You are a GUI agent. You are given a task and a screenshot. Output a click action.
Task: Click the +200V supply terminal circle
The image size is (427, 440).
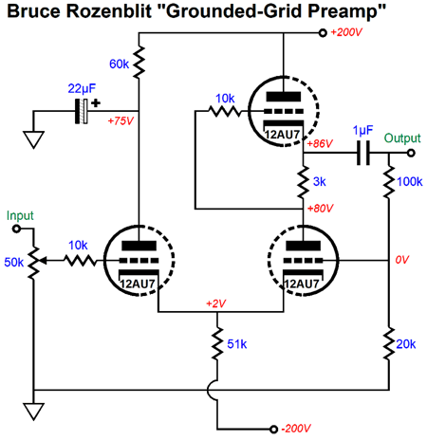coord(323,32)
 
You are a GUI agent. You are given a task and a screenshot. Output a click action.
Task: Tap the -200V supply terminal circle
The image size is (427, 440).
coord(274,429)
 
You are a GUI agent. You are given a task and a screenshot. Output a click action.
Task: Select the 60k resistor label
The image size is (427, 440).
coord(119,64)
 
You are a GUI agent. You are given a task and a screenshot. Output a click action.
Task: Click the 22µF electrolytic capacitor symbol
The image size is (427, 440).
coord(82,111)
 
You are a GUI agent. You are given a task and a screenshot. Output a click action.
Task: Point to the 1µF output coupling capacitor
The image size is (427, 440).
coord(363,153)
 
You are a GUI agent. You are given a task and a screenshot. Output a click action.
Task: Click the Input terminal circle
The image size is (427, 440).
coord(16,229)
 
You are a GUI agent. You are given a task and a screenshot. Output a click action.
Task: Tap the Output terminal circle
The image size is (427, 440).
coord(411,153)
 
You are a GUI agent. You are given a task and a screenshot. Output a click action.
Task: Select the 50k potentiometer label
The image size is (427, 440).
coord(13,262)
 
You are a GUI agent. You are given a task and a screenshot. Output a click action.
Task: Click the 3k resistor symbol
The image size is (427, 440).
coord(303,182)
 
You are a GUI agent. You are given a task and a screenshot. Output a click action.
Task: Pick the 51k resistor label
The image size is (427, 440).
coord(237,344)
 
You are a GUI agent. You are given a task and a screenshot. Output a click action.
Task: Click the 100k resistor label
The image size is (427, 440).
coord(410,182)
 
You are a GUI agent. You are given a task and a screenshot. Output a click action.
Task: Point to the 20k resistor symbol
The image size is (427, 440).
coord(389,343)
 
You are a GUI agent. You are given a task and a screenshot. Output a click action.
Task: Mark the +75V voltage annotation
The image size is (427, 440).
coord(121,120)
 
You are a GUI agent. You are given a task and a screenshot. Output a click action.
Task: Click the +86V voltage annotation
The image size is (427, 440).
coord(320,144)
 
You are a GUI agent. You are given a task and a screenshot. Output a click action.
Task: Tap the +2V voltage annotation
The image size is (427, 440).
coord(215,303)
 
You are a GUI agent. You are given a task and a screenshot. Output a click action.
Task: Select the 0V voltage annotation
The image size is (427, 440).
coord(402,260)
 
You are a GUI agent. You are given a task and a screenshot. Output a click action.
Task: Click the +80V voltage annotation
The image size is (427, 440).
coord(320,209)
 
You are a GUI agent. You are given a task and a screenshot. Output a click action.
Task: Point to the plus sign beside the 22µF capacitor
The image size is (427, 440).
coord(96,103)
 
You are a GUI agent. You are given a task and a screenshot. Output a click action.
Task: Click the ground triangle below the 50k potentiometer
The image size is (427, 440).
coord(33,412)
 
